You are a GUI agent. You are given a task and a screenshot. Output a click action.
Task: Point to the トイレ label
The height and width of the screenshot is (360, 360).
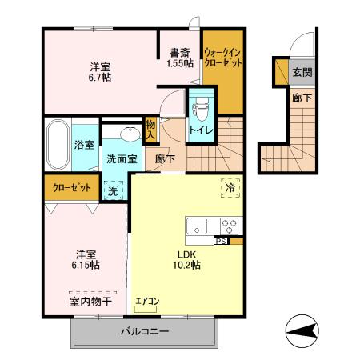(200, 128)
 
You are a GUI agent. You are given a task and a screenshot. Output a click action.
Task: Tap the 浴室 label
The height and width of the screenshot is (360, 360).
(85, 145)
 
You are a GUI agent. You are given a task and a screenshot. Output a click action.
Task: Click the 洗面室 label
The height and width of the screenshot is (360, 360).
(122, 158)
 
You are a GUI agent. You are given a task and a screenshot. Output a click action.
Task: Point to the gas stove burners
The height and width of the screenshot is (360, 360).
(230, 226)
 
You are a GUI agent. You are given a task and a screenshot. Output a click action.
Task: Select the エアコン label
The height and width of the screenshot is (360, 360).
(147, 302)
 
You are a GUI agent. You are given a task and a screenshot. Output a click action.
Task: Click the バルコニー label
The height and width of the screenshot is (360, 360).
(145, 330)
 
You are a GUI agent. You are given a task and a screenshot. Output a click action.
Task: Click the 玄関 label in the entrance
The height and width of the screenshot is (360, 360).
(302, 72)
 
